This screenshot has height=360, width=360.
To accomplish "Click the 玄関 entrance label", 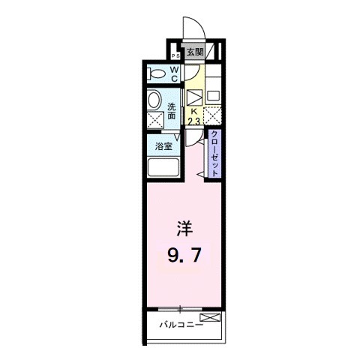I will (195, 52).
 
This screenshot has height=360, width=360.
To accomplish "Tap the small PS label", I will (175, 55).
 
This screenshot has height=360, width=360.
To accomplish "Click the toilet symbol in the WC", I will (157, 73).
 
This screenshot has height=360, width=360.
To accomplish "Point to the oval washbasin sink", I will (154, 100).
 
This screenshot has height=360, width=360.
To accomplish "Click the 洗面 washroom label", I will (172, 111).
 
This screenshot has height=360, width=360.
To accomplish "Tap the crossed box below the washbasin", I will (154, 120).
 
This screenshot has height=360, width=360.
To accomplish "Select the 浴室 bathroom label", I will (163, 146).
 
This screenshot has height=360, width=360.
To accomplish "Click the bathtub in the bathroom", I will (162, 167).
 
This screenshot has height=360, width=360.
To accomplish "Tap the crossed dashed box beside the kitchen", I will (212, 116).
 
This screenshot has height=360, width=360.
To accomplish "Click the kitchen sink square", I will (212, 96).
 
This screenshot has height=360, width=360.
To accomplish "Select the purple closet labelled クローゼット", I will (214, 154).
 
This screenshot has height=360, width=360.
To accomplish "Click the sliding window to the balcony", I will (181, 309).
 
